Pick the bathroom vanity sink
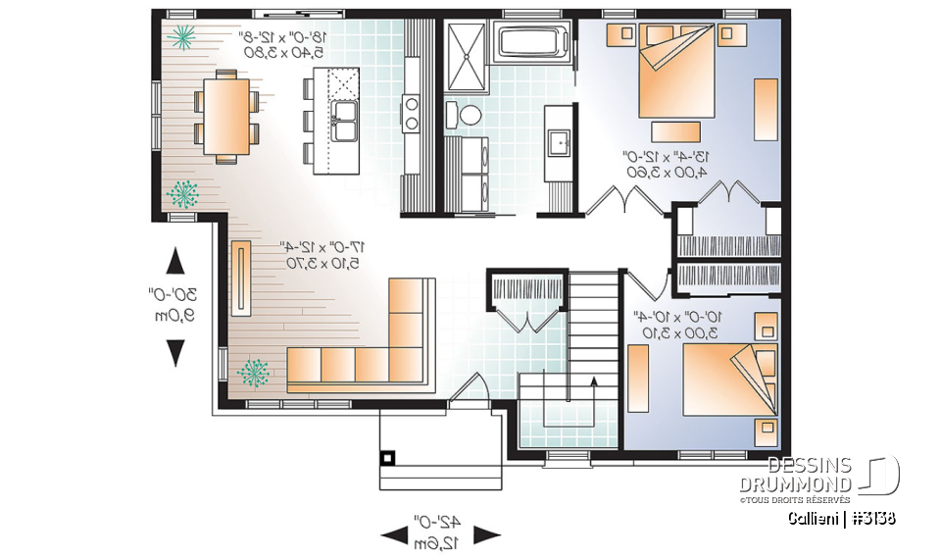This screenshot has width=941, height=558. (560, 143)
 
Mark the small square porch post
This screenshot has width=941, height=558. (388, 457)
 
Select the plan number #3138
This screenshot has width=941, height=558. (872, 519)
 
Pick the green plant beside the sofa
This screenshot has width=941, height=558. (254, 372)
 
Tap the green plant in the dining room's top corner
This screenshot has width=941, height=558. (183, 37)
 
